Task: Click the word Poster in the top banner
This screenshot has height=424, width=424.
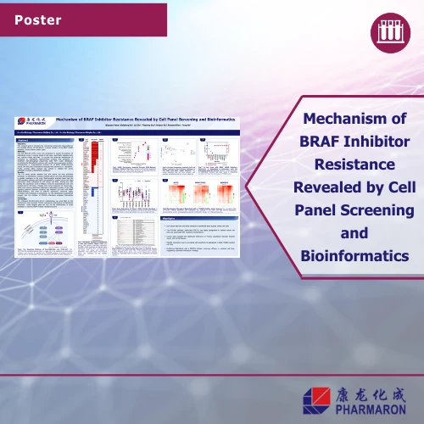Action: (39, 18)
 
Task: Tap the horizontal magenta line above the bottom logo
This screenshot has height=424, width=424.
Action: (212, 374)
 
